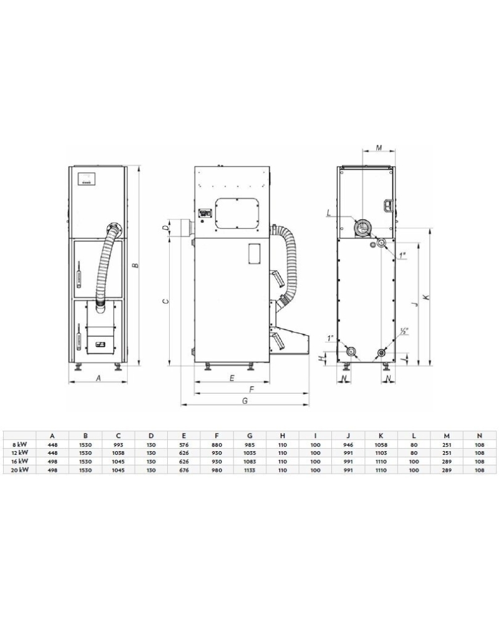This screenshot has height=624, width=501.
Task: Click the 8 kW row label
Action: (x=19, y=444)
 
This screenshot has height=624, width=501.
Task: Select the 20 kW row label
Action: (x=19, y=470)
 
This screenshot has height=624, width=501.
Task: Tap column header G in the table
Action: (x=250, y=436)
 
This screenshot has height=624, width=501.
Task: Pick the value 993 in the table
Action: (x=118, y=444)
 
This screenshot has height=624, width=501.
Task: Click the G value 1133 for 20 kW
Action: (x=250, y=470)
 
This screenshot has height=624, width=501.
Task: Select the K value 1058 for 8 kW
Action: (x=381, y=444)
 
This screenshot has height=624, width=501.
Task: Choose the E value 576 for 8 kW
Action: (x=184, y=444)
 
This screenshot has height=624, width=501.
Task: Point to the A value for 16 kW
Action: (x=52, y=461)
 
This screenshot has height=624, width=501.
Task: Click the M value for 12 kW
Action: (x=447, y=452)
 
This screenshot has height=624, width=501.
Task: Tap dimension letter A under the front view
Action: (x=99, y=378)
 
